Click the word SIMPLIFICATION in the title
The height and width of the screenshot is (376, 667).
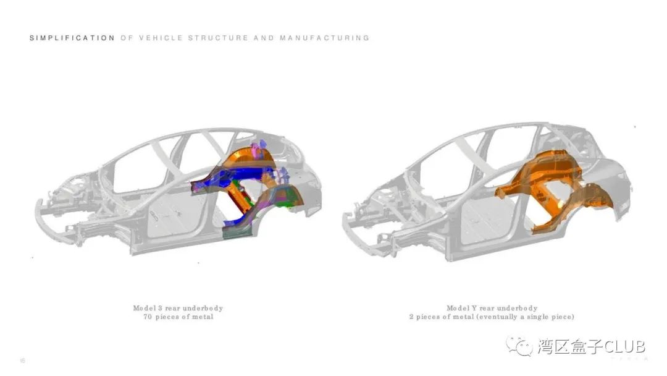pos(72,38)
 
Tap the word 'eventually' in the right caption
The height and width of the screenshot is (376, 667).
pos(499,317)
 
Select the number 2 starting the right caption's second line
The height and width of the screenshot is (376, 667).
pos(411,317)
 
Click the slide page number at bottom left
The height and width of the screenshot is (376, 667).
pos(23,360)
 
